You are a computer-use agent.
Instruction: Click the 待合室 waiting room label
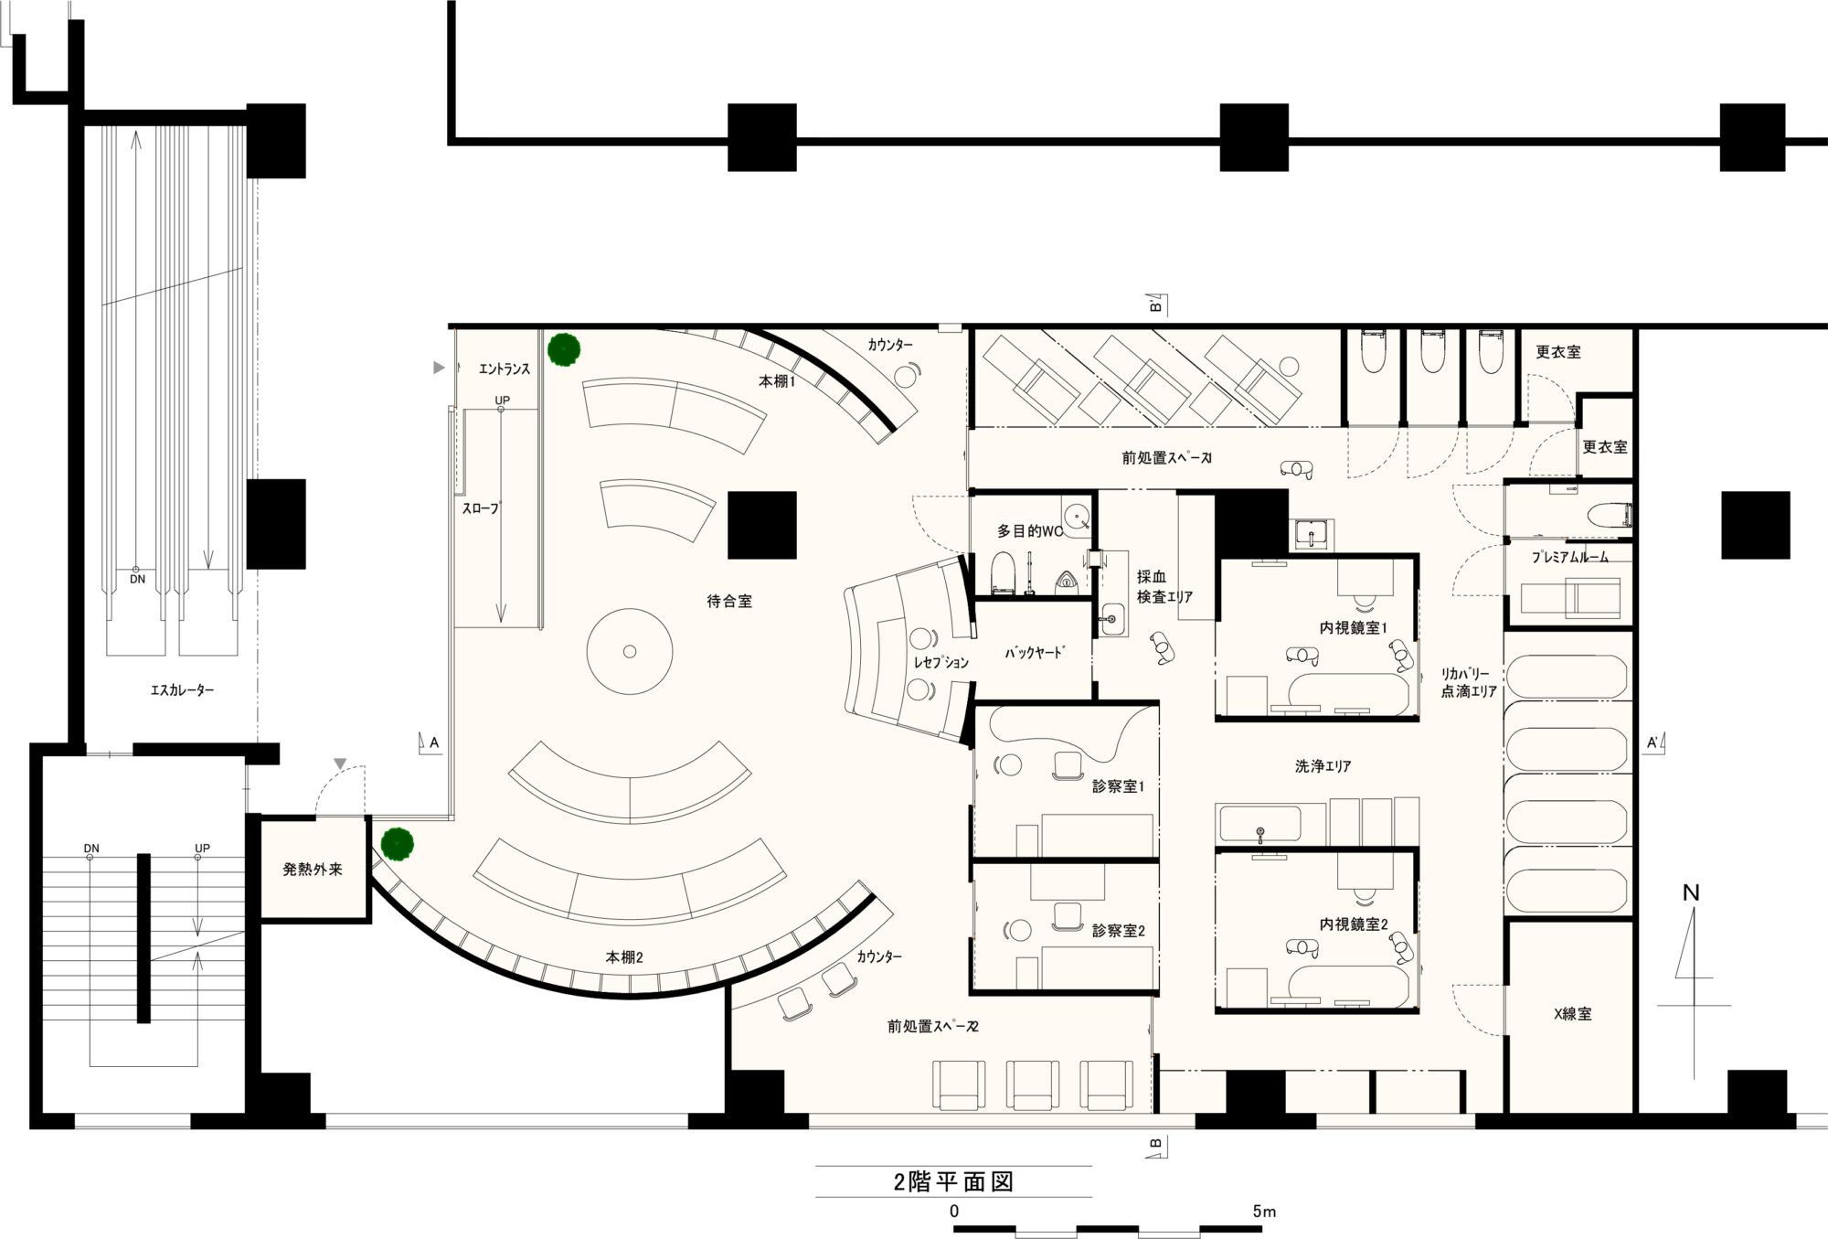729,602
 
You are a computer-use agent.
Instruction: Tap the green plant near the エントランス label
564,349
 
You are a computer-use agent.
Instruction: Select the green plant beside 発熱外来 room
398,844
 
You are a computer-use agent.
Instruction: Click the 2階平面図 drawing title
953,1181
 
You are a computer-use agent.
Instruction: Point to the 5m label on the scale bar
1264,1211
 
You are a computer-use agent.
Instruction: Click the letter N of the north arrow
1691,892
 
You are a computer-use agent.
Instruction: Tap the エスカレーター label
183,690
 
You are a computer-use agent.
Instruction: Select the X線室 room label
1572,1013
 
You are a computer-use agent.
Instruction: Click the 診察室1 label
1118,785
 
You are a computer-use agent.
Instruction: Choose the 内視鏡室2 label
1354,924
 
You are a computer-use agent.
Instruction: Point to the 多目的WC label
1030,530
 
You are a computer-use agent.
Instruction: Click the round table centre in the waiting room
630,652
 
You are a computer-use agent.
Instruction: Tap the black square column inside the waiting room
762,525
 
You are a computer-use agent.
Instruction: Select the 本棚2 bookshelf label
624,957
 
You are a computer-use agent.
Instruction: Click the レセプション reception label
941,662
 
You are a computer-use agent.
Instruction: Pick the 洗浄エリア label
1323,766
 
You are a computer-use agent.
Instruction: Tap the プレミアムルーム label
1570,557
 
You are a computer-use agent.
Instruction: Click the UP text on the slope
502,401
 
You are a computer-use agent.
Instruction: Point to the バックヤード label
1034,653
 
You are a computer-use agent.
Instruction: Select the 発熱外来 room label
313,869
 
